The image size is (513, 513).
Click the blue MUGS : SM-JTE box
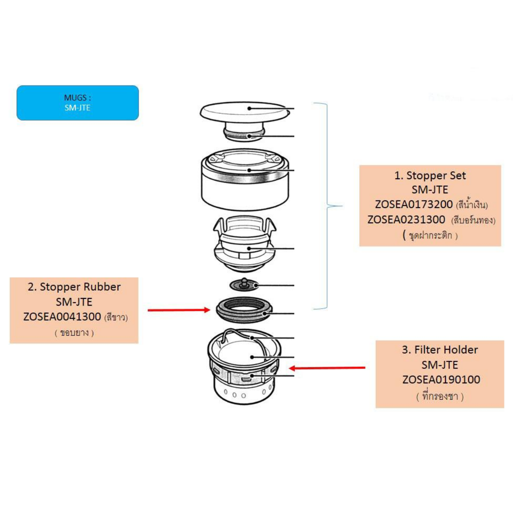point(77,103)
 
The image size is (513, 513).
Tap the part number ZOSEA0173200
point(413,205)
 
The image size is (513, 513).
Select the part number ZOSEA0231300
point(406,220)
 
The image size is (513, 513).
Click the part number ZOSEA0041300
point(62,317)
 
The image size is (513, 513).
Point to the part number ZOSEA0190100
point(441,380)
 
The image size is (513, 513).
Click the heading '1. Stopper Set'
point(430,176)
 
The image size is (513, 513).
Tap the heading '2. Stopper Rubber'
point(74,287)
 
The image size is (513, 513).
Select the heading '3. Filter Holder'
point(439,350)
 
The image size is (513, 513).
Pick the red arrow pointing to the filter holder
point(327,368)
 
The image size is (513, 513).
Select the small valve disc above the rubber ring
point(243,284)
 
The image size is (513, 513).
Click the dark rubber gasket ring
point(244,310)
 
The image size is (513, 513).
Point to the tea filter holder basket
point(244,372)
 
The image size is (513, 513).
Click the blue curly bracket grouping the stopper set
point(327,206)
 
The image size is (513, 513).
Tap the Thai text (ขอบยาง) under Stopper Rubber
point(74,333)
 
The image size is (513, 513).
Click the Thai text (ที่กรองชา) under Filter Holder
point(440,396)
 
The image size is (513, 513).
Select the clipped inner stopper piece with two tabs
point(245,244)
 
